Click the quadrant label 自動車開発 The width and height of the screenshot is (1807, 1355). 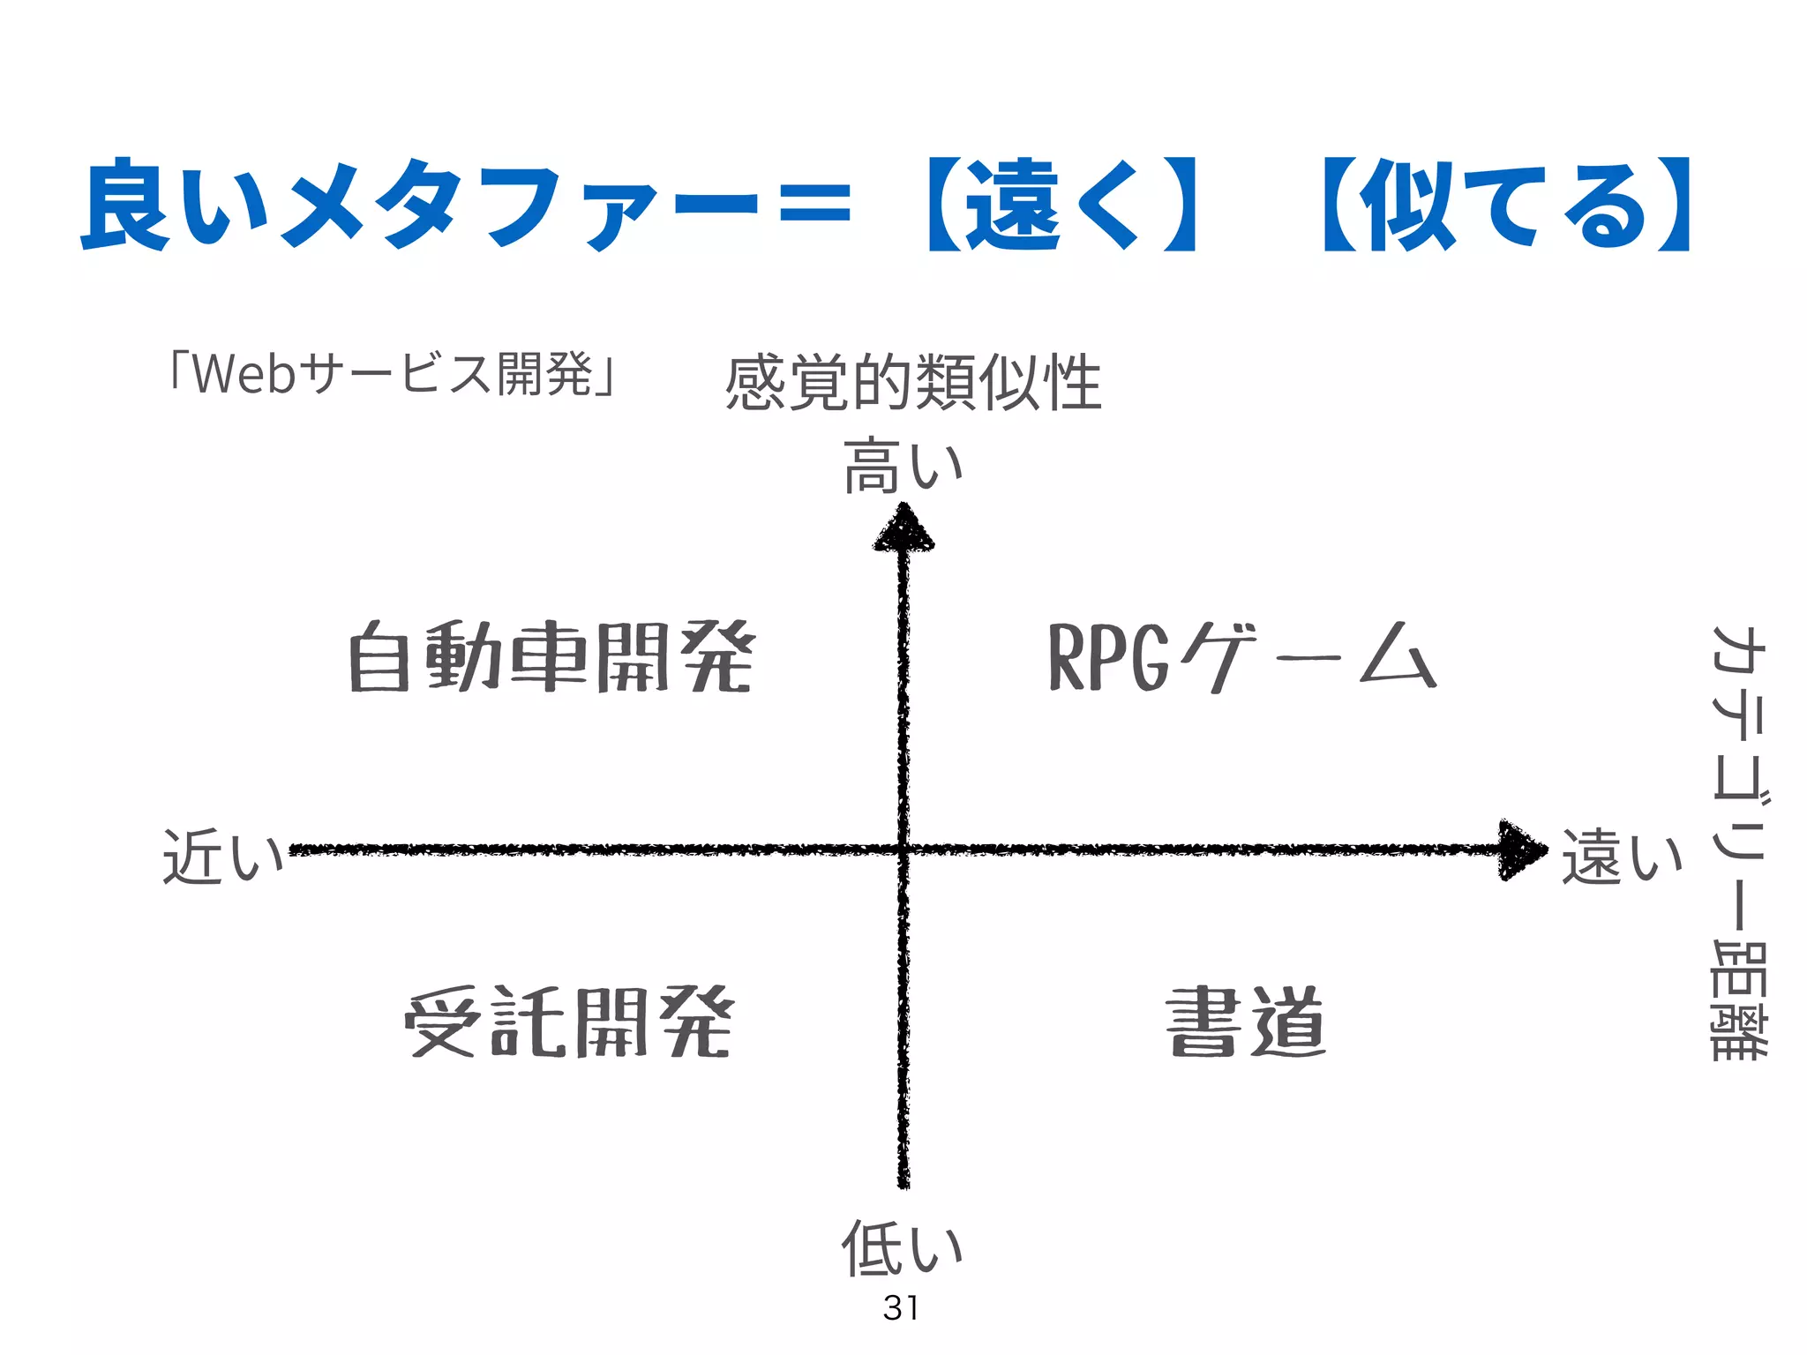tap(551, 657)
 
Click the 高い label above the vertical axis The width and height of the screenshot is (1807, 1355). tap(903, 466)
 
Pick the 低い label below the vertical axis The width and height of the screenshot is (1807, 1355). tap(902, 1247)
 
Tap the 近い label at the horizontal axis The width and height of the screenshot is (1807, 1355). tap(222, 856)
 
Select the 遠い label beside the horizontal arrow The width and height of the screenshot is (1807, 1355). tap(1622, 856)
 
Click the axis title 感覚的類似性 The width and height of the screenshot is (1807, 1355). tap(913, 383)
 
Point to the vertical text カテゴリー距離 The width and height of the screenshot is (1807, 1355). tap(1738, 842)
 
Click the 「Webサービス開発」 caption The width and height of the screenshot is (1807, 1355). tap(393, 374)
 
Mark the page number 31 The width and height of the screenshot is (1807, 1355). tap(901, 1308)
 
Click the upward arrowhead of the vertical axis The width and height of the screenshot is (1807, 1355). tap(903, 529)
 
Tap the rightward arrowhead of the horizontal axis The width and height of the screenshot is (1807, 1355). tap(1522, 850)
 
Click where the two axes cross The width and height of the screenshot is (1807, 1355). tap(903, 850)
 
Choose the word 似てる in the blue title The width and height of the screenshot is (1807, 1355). tap(1504, 206)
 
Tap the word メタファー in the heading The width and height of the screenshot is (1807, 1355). tap(521, 206)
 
